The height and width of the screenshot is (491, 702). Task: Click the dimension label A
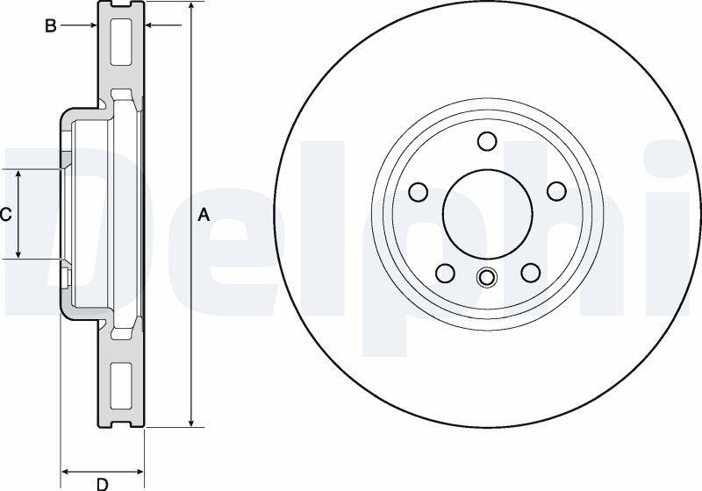click(204, 215)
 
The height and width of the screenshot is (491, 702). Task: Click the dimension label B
click(51, 26)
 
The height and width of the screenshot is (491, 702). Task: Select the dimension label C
click(5, 215)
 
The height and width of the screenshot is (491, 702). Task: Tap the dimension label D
click(103, 483)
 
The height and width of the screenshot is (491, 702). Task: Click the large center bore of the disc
click(488, 214)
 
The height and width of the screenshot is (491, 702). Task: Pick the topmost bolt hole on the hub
click(488, 141)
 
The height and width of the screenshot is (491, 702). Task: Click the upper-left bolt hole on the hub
click(419, 191)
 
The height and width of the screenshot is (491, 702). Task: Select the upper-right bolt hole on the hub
click(557, 191)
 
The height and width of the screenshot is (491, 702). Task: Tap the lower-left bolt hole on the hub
click(445, 273)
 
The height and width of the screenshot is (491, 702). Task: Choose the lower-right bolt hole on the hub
click(531, 273)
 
